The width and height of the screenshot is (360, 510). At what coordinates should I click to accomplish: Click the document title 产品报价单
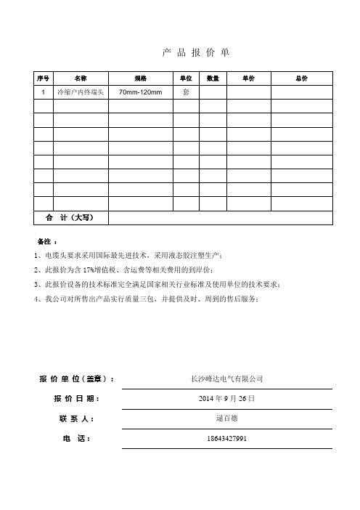pos(195,53)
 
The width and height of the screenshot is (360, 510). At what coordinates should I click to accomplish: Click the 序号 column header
pos(43,78)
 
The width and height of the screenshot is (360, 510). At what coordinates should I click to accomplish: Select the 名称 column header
pos(81,78)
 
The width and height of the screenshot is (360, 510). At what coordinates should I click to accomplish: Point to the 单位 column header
pos(186,78)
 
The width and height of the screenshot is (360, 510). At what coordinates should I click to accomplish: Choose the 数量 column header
pos(213,78)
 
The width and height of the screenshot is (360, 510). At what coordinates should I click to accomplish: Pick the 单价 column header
pos(248,78)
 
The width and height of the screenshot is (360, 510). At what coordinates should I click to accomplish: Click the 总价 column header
pos(301,78)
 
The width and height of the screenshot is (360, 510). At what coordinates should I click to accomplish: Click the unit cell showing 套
pos(186,92)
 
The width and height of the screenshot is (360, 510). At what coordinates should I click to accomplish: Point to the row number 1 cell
pos(43,92)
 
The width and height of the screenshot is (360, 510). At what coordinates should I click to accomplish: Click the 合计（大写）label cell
pos(71,217)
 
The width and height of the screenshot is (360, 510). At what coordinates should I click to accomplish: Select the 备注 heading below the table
pos(45,240)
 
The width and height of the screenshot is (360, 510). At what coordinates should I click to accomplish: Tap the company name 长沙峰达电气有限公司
pos(226,379)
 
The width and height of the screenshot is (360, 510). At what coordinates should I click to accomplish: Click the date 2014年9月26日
pos(226,400)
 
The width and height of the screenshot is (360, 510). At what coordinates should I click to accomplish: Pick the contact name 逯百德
pos(226,419)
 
